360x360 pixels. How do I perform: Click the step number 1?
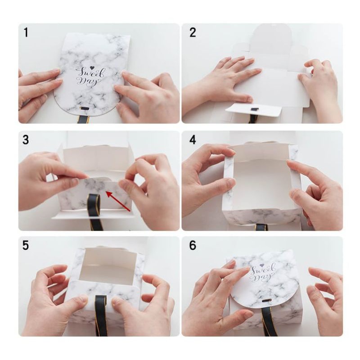tap(26, 32)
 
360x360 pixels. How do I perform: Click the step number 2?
tap(193, 32)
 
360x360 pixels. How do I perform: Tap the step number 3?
tap(26, 140)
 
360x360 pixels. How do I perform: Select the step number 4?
tap(193, 140)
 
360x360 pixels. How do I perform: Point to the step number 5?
tap(26, 245)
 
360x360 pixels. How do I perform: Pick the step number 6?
tap(193, 245)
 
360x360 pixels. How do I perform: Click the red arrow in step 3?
tap(118, 201)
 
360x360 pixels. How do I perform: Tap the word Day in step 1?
tap(88, 81)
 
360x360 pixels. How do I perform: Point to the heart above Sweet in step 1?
tap(92, 68)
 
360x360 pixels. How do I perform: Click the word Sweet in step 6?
tap(263, 269)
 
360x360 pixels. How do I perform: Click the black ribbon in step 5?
tap(102, 315)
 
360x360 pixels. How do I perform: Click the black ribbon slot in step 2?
tap(254, 109)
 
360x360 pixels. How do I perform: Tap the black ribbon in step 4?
tap(261, 227)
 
